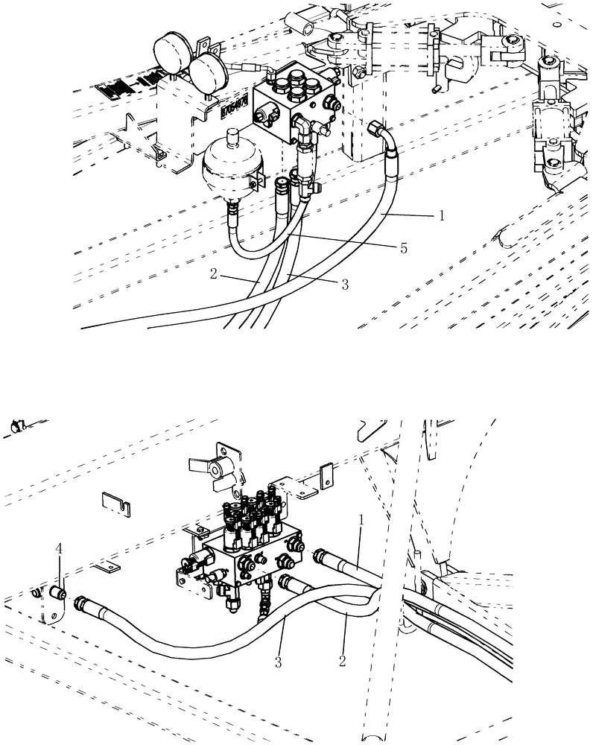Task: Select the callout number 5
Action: tap(403, 248)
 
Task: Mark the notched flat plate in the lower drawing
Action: tap(116, 502)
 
